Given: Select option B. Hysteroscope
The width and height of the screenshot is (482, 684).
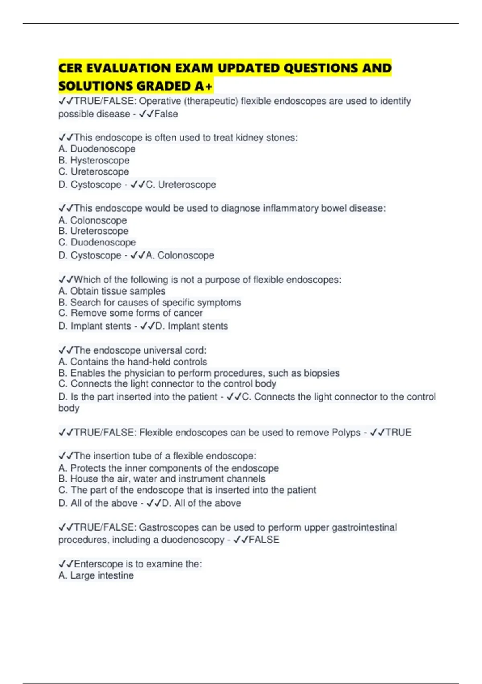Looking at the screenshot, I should (x=94, y=160).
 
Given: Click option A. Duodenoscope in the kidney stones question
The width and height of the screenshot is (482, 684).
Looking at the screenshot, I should (x=97, y=149).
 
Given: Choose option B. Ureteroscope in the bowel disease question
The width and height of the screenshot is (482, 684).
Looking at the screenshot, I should (x=94, y=231).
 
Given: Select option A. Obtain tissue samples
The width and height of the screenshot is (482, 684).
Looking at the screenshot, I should (x=112, y=291).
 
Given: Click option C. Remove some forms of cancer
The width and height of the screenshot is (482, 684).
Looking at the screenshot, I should (x=131, y=313).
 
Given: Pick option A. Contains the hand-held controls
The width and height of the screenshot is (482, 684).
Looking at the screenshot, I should (x=133, y=362).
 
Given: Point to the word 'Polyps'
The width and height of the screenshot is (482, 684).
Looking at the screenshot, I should (x=346, y=433).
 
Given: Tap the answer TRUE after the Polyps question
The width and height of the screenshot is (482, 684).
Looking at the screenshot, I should (x=398, y=433).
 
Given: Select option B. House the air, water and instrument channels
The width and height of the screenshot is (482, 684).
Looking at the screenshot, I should (x=162, y=479).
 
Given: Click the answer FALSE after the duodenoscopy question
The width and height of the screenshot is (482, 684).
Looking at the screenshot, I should (x=263, y=540).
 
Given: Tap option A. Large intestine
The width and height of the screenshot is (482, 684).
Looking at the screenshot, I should (x=96, y=575).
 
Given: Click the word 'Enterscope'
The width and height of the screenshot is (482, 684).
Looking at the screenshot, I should (x=98, y=564).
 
